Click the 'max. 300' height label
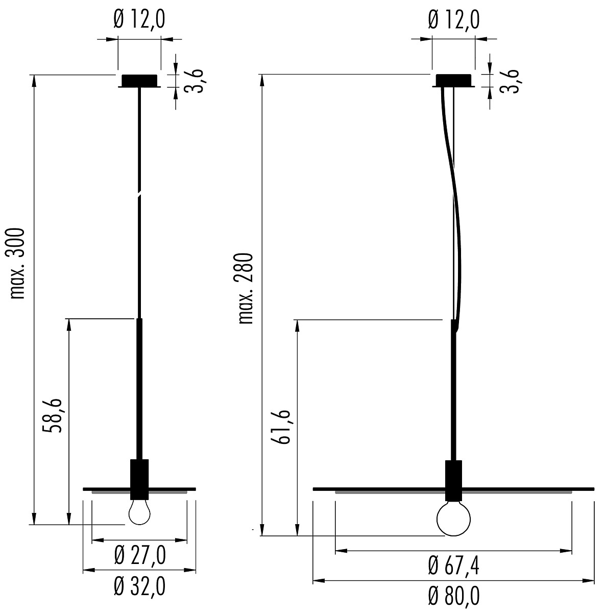point(17,264)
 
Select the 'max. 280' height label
point(246,289)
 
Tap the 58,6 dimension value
point(52,415)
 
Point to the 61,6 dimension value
point(281,427)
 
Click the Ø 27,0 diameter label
point(140,555)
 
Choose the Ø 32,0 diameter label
point(140,586)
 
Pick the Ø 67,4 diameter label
point(453,566)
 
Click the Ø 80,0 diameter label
point(453,597)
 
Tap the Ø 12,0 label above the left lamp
point(139,19)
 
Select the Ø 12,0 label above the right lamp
point(453,19)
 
